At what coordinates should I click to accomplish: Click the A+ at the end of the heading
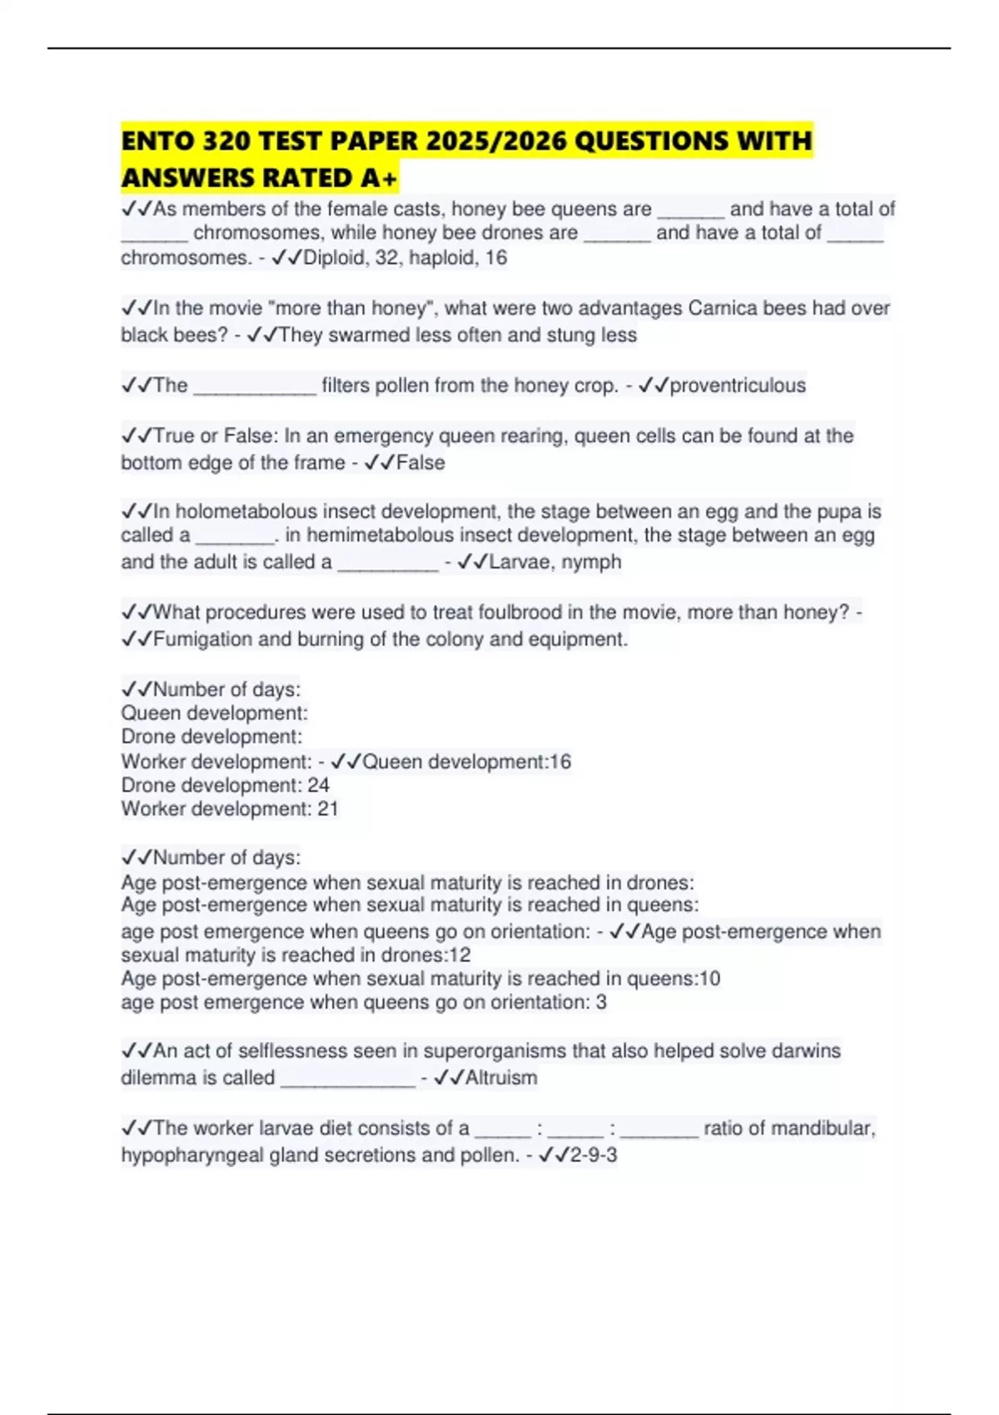tap(379, 178)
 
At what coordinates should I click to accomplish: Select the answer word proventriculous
tap(738, 385)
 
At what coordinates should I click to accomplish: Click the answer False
tap(420, 463)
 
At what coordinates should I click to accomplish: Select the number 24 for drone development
tap(318, 785)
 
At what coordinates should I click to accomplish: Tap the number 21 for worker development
tap(327, 809)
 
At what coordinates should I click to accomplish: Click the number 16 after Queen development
tap(560, 762)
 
